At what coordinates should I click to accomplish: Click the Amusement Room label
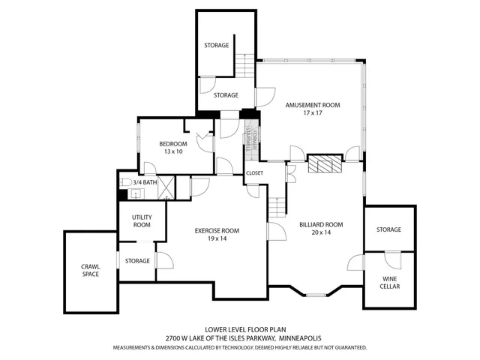coord(312,105)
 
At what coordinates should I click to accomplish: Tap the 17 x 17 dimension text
coord(312,113)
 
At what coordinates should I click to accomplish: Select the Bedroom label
coord(173,143)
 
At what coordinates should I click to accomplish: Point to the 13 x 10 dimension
coord(173,151)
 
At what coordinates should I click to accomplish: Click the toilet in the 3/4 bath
coord(126,182)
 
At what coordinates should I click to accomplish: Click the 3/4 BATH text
coord(145,181)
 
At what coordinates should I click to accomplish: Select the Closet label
coord(254,172)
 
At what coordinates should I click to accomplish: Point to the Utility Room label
coord(142,220)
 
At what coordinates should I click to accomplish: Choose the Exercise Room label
coord(217,230)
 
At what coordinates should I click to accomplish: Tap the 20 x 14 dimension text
coord(321,232)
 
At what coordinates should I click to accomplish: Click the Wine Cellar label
coord(388,282)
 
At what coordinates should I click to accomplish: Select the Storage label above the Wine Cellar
coord(388,229)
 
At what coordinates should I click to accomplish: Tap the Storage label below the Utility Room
coord(137,261)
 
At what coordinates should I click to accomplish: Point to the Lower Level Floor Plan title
coord(240,329)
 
